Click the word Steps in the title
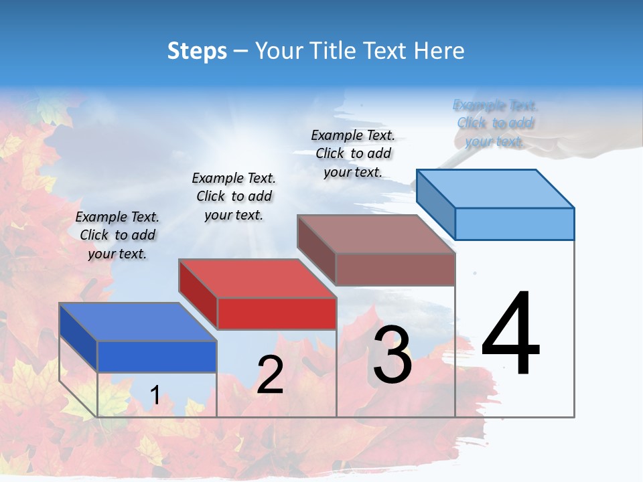(x=197, y=51)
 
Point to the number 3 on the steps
(x=392, y=355)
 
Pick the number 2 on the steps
(x=270, y=376)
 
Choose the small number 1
(x=155, y=396)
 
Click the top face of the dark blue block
(x=137, y=322)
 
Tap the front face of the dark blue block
(x=157, y=356)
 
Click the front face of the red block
(x=277, y=313)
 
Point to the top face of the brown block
(x=375, y=234)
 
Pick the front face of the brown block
(x=395, y=269)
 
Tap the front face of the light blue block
(x=514, y=224)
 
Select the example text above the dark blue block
(x=117, y=235)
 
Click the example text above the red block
(x=234, y=196)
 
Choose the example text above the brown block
(x=353, y=153)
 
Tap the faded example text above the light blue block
(x=495, y=123)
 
